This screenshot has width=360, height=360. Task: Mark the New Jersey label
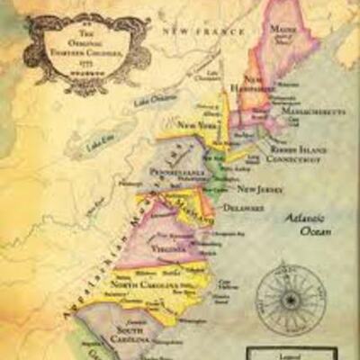tap(256, 189)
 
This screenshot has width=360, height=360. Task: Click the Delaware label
tap(244, 207)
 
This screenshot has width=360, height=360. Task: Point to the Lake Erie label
tap(98, 144)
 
